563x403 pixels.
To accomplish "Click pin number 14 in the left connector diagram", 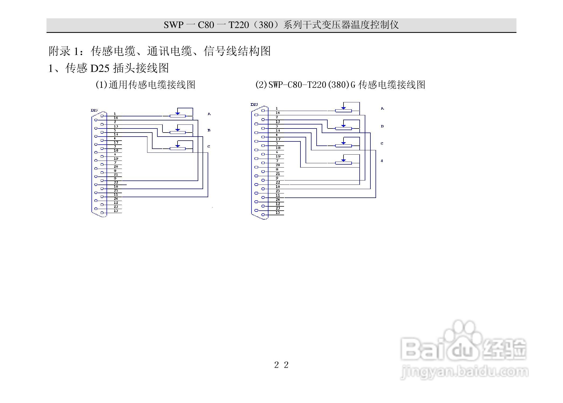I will pos(116,118).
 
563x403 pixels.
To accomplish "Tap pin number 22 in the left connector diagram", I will pos(116,183).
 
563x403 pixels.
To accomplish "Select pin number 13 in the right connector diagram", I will pos(278,213).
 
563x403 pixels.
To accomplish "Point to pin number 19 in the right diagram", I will pos(278,157).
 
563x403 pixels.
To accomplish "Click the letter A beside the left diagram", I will pos(209,114).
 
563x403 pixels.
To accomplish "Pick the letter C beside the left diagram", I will pos(209,147).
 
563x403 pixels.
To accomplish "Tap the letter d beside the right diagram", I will pos(382,161).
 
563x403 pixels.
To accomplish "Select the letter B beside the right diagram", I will pos(382,126).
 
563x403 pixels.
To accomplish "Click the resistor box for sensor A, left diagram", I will pos(178,116).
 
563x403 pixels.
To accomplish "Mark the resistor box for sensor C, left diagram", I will pos(178,148).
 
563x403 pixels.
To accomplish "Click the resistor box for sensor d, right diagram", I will pos(343,163).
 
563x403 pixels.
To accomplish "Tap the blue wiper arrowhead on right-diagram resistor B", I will pos(343,126).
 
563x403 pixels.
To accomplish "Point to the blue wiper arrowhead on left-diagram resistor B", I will pos(178,130).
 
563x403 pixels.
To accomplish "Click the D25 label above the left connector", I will pos(94,110).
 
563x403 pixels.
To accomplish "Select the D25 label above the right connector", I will pos(254,105).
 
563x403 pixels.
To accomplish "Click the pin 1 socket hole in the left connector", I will pos(102,116).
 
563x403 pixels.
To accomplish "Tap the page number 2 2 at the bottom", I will pos(281,365).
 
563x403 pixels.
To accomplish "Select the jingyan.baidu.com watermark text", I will pos(464,373).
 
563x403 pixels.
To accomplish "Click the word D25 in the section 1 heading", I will pos(100,68).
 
